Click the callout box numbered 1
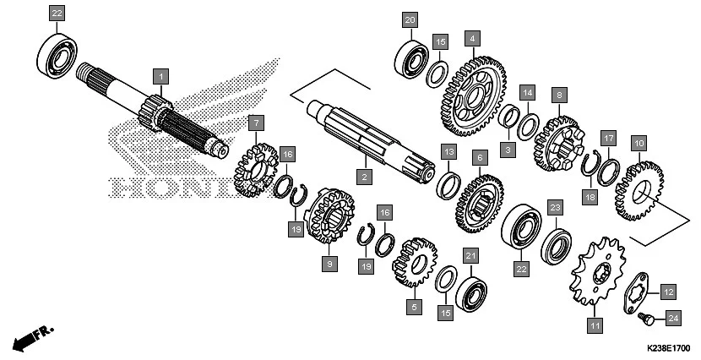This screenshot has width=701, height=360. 159,77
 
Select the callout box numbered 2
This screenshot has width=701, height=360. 364,177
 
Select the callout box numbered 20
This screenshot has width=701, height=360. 410,19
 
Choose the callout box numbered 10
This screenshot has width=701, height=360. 639,145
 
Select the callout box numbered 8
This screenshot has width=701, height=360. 557,95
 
